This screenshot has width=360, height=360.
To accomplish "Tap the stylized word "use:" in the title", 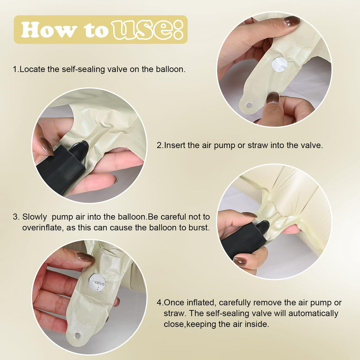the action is (147, 30).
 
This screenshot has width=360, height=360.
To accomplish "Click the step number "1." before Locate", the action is (16, 69).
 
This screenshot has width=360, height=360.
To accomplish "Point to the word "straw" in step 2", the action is (258, 145).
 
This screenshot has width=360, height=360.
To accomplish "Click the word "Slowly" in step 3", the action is (34, 217).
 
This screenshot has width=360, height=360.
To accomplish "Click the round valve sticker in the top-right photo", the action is (279, 65).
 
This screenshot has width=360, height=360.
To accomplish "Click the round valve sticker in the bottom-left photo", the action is (97, 282).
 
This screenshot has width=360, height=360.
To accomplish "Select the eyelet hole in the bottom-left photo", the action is (77, 336).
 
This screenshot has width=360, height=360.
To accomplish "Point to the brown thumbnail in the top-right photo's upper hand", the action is (291, 21).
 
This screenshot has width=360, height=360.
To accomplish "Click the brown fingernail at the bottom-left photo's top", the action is (85, 257).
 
